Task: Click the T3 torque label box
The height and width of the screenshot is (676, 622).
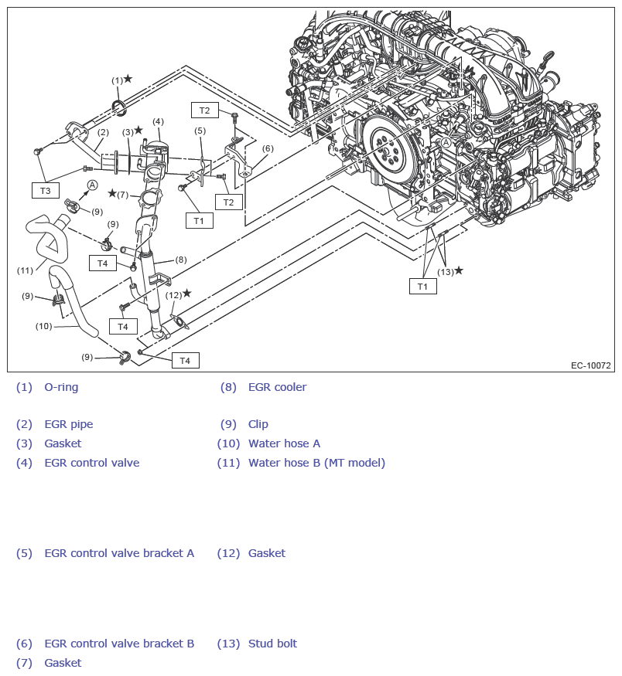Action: pos(45,190)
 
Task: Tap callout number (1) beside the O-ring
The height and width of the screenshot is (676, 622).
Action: pos(117,80)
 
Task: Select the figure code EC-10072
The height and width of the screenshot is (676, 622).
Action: pos(591,365)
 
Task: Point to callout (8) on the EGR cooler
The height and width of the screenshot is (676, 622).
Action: pos(181,260)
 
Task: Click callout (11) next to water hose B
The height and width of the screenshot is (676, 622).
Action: pos(26,270)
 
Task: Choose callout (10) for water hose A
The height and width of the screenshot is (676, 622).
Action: pos(43,326)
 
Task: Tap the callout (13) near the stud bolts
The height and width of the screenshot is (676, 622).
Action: pos(445,271)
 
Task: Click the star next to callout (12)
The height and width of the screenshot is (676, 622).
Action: pos(186,294)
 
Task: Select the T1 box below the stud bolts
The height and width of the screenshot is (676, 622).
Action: pos(422,286)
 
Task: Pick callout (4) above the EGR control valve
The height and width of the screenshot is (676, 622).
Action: pos(158,121)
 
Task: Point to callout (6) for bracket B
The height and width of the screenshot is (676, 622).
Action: pos(268,148)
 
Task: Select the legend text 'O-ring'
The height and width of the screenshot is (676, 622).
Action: pos(61,387)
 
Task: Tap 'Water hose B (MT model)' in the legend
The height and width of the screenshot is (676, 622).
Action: pos(316,463)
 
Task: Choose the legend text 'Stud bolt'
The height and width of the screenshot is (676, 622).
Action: pos(272,644)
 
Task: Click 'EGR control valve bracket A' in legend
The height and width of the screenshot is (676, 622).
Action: pos(119,553)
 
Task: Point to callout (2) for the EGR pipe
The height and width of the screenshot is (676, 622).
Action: pos(102,132)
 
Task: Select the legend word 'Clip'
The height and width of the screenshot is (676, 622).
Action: pos(258,424)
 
